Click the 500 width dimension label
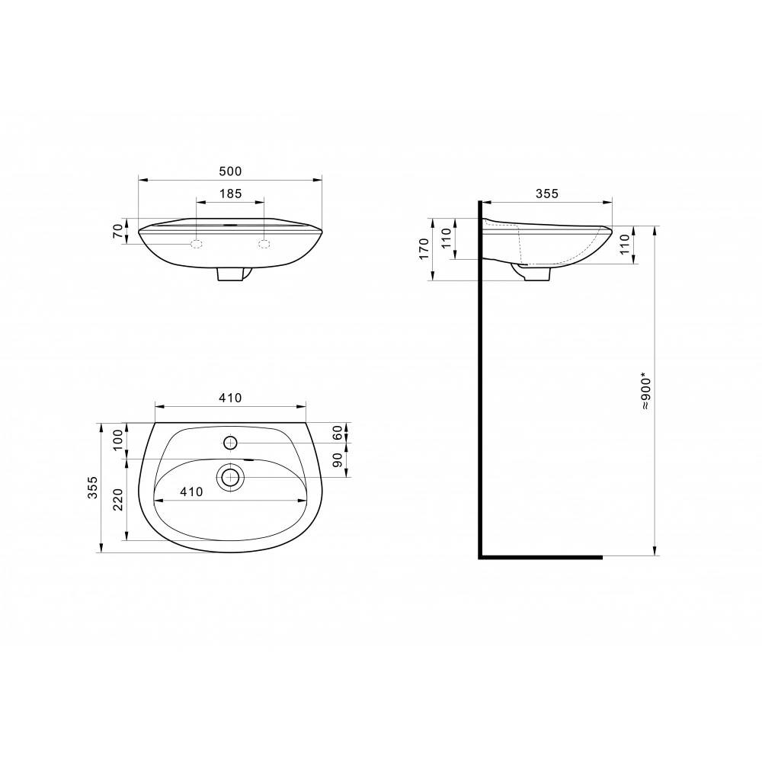click(x=230, y=172)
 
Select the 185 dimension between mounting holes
click(x=230, y=194)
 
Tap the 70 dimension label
click(x=117, y=231)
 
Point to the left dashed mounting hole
click(x=196, y=244)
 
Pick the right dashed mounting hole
click(x=264, y=244)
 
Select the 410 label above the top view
click(x=230, y=397)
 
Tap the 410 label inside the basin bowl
click(x=191, y=492)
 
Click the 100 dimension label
click(x=117, y=440)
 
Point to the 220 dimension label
click(x=117, y=499)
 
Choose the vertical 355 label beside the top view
click(x=92, y=488)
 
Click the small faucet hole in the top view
click(x=230, y=442)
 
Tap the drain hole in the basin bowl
click(x=230, y=477)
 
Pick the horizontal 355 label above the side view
click(x=546, y=194)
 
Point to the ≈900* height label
click(x=645, y=392)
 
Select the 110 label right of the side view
click(x=626, y=245)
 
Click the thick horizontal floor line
click(x=541, y=557)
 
